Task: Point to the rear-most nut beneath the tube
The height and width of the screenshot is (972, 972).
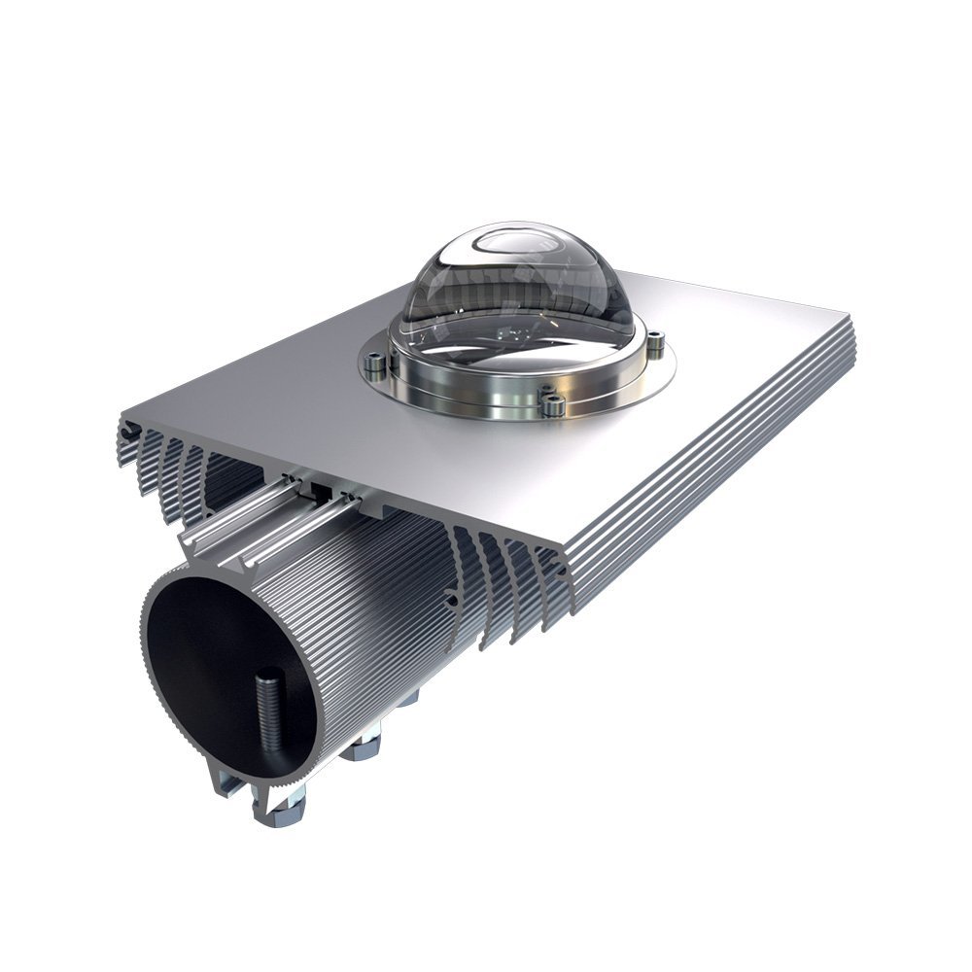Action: click(x=408, y=697)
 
